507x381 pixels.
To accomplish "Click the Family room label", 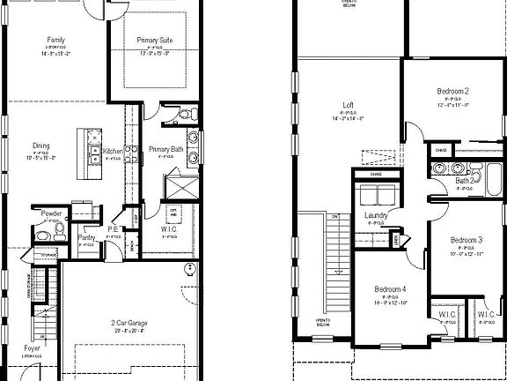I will (56, 41).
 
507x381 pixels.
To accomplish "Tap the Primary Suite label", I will (154, 41).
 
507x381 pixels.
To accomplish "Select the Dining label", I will (41, 146).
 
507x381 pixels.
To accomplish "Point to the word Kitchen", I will (114, 152).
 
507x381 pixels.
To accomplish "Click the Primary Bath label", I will (165, 149).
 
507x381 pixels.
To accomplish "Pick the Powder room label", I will (49, 213).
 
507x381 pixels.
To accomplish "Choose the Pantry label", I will (86, 237).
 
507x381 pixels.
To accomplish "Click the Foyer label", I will (33, 349).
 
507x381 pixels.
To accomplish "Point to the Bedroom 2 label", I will (452, 92).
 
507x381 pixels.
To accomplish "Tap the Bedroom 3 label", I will (467, 240).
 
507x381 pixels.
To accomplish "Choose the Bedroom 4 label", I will (389, 289).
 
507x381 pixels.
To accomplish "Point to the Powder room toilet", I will (57, 228).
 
